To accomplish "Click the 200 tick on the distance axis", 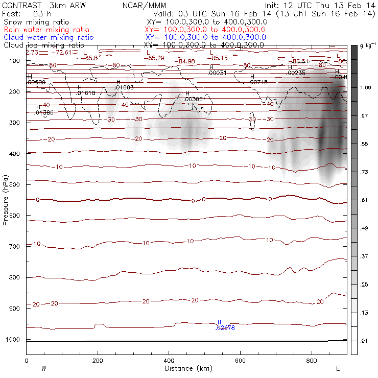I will click(x=98, y=361).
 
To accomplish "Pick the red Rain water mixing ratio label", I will click(x=46, y=30).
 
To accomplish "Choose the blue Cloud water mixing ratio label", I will click(x=49, y=37).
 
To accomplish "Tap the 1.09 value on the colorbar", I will click(x=365, y=88).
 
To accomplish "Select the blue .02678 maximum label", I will click(x=225, y=328).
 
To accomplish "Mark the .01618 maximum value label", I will click(x=86, y=93).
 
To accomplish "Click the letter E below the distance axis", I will click(x=338, y=368).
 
